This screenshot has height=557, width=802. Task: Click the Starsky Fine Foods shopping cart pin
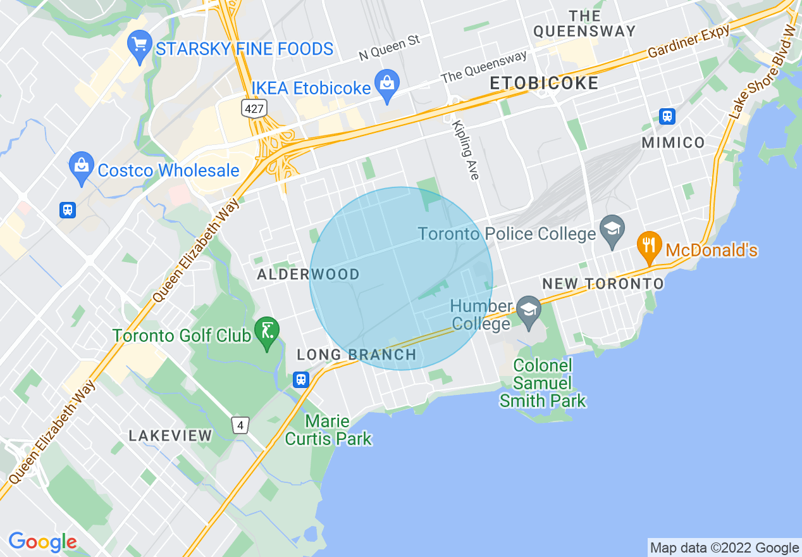point(138,46)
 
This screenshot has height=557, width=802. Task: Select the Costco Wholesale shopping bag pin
point(82,166)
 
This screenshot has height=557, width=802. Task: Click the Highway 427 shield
point(254,108)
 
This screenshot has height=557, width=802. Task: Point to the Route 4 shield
point(240,425)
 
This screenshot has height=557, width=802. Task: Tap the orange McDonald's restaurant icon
point(649,246)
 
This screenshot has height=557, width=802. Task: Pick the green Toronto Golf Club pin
point(267,332)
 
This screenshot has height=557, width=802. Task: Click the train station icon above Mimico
point(667,116)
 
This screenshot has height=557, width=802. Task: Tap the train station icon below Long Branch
point(301,379)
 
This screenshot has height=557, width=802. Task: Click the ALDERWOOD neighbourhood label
point(308,275)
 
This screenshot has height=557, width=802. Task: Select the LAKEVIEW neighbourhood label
point(170,435)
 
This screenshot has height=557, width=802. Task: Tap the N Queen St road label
point(389,48)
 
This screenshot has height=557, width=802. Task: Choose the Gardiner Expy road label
point(689,43)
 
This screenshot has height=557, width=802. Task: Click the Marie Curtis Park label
point(328,430)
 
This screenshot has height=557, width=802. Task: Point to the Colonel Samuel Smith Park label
point(543,383)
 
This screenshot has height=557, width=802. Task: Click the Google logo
point(42,542)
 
